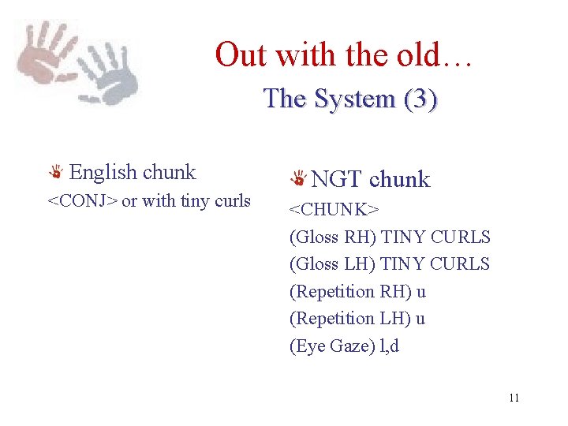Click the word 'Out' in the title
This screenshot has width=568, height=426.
[x=241, y=55]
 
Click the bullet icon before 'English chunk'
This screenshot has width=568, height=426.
[x=57, y=173]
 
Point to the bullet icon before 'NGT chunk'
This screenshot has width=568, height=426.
[x=299, y=180]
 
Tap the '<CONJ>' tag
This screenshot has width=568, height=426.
[x=83, y=201]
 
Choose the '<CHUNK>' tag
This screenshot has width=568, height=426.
[x=334, y=210]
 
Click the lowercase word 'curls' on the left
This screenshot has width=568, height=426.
[x=232, y=201]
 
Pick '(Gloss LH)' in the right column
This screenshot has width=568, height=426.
[x=332, y=263]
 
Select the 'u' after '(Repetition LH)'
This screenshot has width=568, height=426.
[x=420, y=318]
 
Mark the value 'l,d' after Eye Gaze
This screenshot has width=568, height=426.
[x=390, y=346]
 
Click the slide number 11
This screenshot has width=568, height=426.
[x=514, y=398]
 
